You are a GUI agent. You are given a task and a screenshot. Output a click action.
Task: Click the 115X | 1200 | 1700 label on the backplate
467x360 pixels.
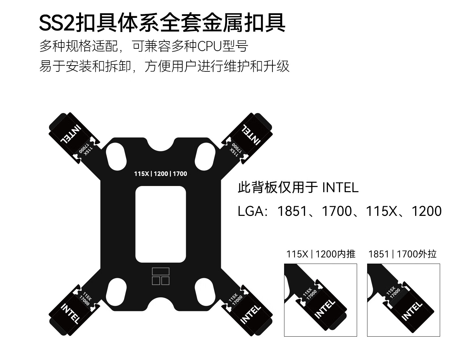[x=161, y=174]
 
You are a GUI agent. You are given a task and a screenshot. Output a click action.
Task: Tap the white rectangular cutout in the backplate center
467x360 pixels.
[x=161, y=224]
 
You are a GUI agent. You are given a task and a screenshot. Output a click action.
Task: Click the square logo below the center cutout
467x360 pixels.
[x=161, y=276]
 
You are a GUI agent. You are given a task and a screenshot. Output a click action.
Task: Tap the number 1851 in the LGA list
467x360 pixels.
[x=292, y=211]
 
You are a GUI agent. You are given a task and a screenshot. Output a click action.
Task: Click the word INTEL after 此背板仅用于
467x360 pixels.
[x=341, y=188]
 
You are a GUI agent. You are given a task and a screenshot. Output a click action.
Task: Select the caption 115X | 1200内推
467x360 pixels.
[x=320, y=254]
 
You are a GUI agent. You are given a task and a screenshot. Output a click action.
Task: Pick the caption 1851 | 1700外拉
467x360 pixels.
[x=402, y=254]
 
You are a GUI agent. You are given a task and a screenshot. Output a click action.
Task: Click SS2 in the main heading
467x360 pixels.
[x=56, y=23]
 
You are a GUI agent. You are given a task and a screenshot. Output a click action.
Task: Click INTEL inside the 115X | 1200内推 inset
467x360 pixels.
[x=325, y=308]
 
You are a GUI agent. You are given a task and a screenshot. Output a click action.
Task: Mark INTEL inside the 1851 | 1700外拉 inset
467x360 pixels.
[x=412, y=311]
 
